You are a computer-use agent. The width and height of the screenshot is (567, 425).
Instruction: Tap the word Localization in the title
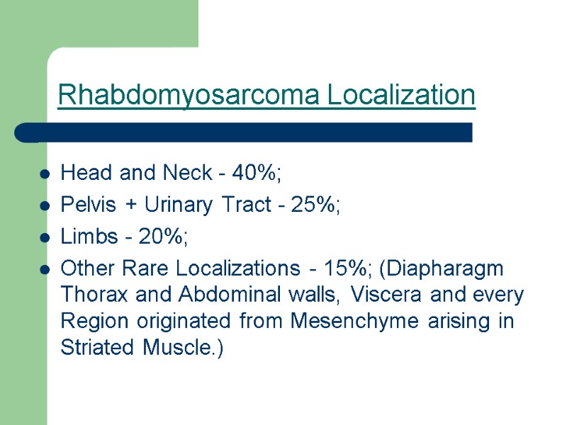402,95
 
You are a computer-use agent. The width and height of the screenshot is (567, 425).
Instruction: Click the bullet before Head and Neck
45,174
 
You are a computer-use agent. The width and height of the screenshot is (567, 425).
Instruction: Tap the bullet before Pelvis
45,207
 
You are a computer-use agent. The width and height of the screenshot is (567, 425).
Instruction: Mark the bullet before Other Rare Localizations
45,271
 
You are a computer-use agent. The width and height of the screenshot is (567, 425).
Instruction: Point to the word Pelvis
85,206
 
